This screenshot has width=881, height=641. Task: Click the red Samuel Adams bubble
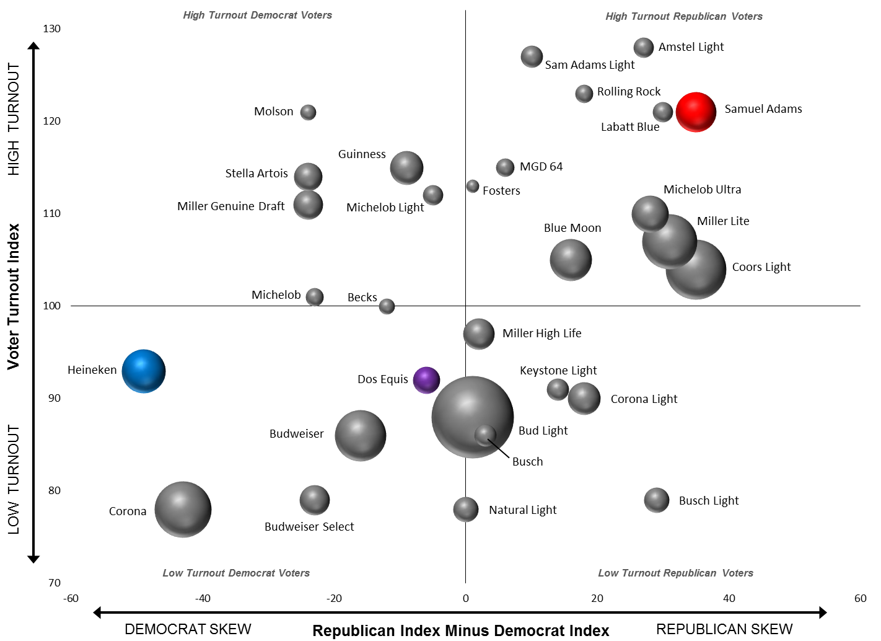(696, 112)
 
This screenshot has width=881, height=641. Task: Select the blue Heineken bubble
(144, 371)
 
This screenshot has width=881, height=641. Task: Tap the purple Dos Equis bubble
(426, 380)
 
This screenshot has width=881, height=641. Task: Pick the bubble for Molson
(308, 112)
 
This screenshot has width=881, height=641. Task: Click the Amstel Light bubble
(644, 48)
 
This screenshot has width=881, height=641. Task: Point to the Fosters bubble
(473, 186)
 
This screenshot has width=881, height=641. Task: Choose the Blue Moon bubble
(571, 260)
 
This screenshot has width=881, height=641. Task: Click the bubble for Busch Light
(657, 500)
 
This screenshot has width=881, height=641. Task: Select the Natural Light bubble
(466, 510)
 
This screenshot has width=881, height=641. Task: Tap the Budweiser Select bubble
(315, 500)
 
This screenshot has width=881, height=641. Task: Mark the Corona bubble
(183, 510)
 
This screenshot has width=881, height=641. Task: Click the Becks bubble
(387, 306)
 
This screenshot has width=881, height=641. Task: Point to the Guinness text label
(362, 154)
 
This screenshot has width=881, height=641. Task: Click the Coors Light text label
(761, 267)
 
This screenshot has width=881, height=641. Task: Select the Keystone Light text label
(558, 371)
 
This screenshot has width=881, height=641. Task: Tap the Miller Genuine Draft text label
(231, 206)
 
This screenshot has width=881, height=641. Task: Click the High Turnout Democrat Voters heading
(258, 15)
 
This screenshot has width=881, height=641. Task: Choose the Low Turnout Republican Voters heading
(675, 573)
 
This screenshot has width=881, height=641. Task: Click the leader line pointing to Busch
(499, 448)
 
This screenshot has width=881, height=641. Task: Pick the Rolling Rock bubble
(584, 94)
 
